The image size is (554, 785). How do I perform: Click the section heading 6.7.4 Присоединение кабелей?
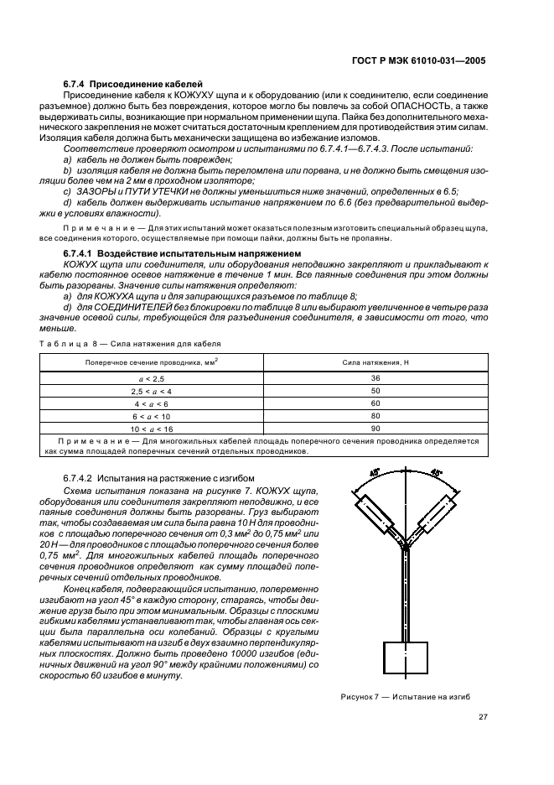pos(133,85)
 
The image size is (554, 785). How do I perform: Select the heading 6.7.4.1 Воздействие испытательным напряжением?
pos(180,252)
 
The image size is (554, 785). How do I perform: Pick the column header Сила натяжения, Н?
pos(374,361)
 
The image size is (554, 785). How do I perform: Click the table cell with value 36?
pos(374,378)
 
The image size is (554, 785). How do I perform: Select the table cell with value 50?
pos(374,391)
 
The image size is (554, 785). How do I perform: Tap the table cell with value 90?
pos(374,428)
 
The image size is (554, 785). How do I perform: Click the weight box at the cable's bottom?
pos(405,659)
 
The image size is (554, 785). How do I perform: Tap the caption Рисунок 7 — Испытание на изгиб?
pos(406,696)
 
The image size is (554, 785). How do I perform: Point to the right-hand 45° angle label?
pos(438,473)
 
